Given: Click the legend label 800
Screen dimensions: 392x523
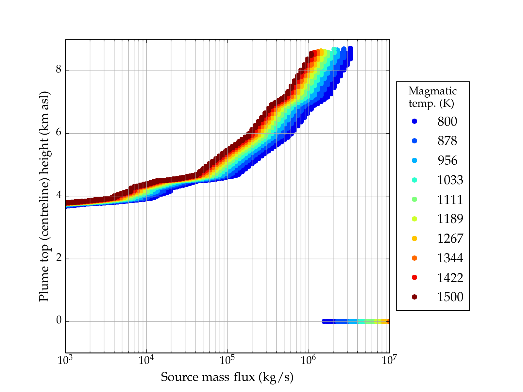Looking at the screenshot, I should (x=447, y=122).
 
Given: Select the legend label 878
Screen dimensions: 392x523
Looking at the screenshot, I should (x=447, y=141).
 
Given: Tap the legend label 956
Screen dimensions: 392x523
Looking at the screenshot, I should (x=447, y=160).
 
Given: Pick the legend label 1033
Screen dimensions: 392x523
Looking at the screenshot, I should (x=450, y=180).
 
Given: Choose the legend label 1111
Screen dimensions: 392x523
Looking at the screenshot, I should (x=450, y=200).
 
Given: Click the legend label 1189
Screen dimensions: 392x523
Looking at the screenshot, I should (x=450, y=219).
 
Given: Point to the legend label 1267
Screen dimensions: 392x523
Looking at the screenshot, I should (x=450, y=238).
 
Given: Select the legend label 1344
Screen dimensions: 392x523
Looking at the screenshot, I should (x=450, y=258).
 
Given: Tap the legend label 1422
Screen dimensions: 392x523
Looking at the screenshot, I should (x=450, y=278).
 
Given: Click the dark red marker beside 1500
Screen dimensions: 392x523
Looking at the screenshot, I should (x=414, y=297).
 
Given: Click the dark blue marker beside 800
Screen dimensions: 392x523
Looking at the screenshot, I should (x=414, y=122).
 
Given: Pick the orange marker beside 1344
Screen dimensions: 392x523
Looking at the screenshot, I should (x=414, y=258).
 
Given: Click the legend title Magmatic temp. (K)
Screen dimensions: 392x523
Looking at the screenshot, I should (x=432, y=97).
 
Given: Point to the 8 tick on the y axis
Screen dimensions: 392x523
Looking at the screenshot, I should (x=59, y=70).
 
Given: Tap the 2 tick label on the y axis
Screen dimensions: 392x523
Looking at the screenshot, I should (x=59, y=258).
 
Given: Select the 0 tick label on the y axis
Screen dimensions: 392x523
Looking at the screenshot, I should (x=59, y=320).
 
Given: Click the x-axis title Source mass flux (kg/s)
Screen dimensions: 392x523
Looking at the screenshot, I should (x=227, y=377).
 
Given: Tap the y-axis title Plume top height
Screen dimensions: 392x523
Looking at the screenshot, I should (x=44, y=196).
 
